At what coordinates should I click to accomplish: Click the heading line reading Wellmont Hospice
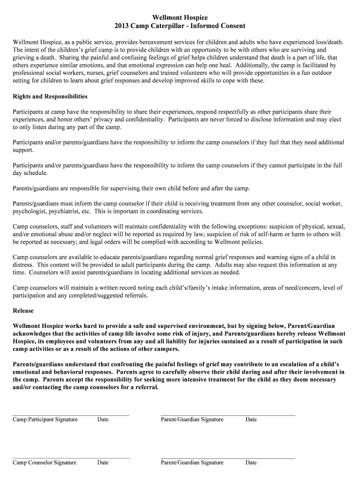click(x=180, y=18)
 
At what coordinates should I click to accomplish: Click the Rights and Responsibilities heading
click(x=50, y=96)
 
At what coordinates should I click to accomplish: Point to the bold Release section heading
click(x=23, y=311)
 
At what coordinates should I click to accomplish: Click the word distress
click(x=23, y=265)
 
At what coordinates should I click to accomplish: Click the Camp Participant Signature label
click(x=45, y=420)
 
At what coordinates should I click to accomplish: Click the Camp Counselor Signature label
click(x=44, y=463)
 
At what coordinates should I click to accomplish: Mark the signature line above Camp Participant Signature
click(x=71, y=415)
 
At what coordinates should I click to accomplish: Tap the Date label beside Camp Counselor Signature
click(x=103, y=463)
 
